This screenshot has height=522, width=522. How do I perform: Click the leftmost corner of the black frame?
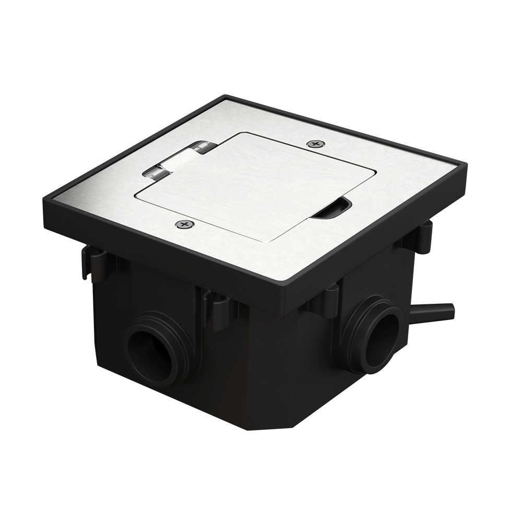point(44,196)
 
